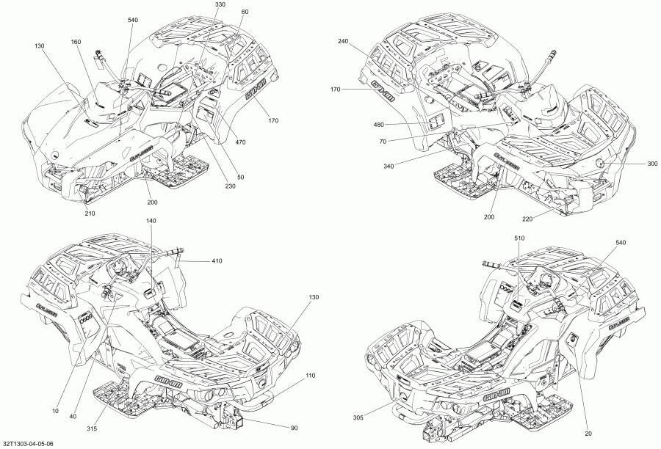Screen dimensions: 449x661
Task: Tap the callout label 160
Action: (76, 42)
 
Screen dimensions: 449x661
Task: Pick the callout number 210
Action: (90, 214)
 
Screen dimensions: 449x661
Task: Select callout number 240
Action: (343, 42)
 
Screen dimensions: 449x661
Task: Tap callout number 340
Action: (389, 167)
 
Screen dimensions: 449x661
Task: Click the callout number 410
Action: (217, 261)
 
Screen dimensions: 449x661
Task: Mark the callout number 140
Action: (151, 221)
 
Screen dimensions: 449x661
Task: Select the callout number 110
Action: (310, 375)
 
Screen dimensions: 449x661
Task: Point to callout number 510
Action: (519, 238)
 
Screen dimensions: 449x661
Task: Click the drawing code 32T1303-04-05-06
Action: (27, 444)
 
